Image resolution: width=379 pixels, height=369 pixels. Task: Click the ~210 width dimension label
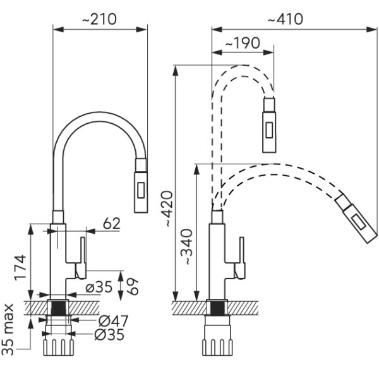point(99,19)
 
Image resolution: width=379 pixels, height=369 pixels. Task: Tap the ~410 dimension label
point(286,19)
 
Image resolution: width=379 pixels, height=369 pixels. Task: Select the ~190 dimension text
point(243,43)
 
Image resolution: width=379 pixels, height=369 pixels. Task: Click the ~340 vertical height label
point(188,247)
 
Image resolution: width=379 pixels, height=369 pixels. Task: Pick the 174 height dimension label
point(20,267)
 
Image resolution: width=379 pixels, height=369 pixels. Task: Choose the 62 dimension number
point(111,224)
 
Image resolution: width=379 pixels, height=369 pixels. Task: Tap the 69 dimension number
point(133,286)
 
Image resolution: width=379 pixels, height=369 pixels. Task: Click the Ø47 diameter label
point(113,321)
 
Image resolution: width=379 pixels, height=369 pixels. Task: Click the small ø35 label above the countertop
point(99,287)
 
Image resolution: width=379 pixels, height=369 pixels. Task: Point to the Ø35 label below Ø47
point(109,335)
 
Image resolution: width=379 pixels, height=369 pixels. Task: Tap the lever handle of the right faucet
point(240,258)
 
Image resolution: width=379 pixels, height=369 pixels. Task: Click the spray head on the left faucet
point(141,186)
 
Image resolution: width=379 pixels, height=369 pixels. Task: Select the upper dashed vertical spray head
point(269,124)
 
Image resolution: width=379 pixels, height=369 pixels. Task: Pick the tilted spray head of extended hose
point(356,217)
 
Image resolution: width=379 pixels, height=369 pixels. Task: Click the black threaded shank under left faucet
point(58,308)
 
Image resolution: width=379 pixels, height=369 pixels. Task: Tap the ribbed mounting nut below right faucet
point(217,348)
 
